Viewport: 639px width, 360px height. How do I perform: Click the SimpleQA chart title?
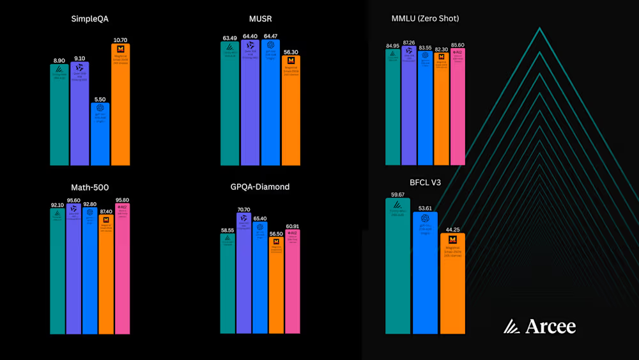pyautogui.click(x=89, y=19)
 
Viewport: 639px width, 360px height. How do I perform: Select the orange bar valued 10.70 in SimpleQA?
pyautogui.click(x=120, y=106)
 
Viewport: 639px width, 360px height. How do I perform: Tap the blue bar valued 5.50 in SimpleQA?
pyautogui.click(x=100, y=134)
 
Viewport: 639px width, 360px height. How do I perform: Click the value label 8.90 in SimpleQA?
pyautogui.click(x=59, y=59)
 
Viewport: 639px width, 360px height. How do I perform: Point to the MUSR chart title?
pyautogui.click(x=261, y=19)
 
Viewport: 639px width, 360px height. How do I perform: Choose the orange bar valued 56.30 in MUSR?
pyautogui.click(x=291, y=112)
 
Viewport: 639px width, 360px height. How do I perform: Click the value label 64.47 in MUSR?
pyautogui.click(x=271, y=36)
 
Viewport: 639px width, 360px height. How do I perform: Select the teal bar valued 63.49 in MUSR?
pyautogui.click(x=230, y=106)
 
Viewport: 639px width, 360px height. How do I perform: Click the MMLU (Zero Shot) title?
pyautogui.click(x=425, y=19)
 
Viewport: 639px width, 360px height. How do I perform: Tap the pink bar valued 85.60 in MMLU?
pyautogui.click(x=458, y=109)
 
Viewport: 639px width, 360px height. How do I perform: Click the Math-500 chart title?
pyautogui.click(x=89, y=187)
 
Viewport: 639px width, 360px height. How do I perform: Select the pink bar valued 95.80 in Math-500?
pyautogui.click(x=122, y=269)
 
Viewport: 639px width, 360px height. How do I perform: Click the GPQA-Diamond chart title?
pyautogui.click(x=259, y=187)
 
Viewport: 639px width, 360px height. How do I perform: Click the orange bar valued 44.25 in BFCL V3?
pyautogui.click(x=452, y=285)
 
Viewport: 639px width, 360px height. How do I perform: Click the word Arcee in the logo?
pyautogui.click(x=550, y=327)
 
